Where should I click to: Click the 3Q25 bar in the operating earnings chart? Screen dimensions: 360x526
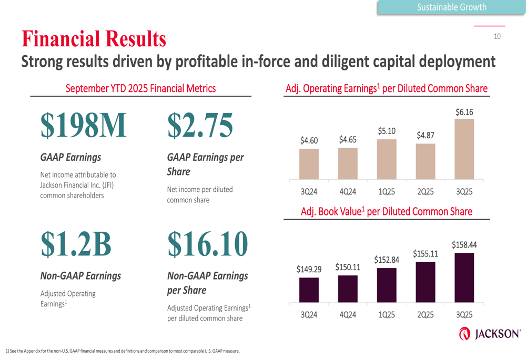[x=464, y=149]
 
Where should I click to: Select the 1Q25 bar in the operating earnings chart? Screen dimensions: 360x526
[x=387, y=159]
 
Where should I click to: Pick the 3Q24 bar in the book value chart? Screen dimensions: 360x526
[x=309, y=290]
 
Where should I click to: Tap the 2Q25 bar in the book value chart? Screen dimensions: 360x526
[x=426, y=282]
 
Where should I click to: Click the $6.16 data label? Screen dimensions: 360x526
[x=464, y=112]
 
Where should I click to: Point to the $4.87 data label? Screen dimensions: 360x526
[x=426, y=136]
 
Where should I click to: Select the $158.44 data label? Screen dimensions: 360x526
[x=464, y=245]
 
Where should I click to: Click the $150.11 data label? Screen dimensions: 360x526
[x=348, y=268]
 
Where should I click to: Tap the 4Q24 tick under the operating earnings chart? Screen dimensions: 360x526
[x=348, y=192]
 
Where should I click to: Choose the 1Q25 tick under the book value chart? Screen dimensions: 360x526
[x=387, y=315]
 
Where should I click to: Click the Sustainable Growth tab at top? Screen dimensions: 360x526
[x=451, y=7]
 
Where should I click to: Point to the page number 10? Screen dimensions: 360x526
[x=497, y=36]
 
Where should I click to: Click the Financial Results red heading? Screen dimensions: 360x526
[x=94, y=39]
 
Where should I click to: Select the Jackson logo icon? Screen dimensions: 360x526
[x=464, y=334]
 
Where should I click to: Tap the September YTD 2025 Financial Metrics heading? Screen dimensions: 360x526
[x=140, y=88]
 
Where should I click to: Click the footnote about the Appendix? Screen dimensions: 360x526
[x=123, y=351]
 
